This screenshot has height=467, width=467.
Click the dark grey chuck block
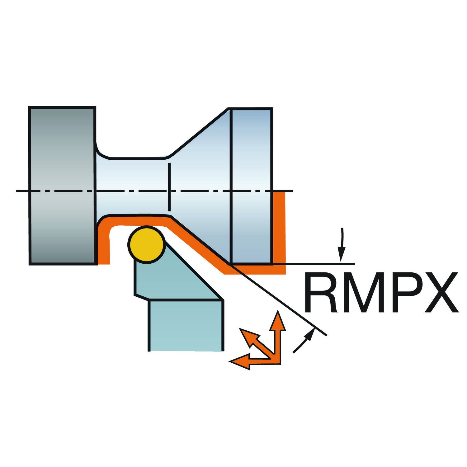(62, 186)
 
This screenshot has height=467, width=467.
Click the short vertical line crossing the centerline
(169, 187)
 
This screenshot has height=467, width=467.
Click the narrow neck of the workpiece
(134, 187)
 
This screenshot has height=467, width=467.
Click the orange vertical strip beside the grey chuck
(104, 246)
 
